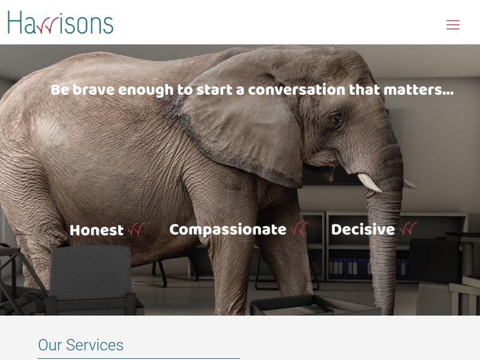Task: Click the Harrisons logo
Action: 61,23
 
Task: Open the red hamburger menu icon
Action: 453,25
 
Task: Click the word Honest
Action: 97,230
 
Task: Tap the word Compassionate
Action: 228,230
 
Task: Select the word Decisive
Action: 363,230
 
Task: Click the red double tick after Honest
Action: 137,229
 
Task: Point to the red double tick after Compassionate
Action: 299,229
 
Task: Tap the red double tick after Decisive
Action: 408,229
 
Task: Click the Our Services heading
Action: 80,345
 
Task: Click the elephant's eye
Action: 337,119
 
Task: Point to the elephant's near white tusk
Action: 369,182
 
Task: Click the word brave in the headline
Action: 94,90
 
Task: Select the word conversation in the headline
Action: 296,90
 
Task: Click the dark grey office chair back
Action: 91,272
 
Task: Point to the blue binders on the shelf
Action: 367,268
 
